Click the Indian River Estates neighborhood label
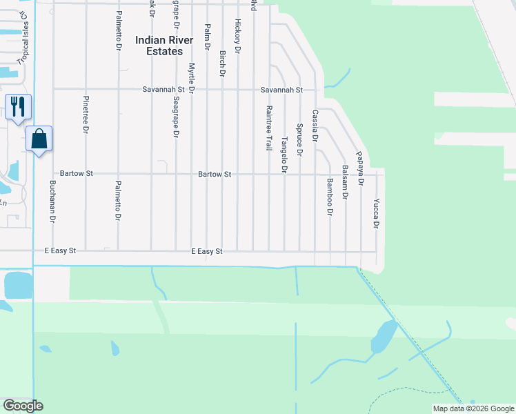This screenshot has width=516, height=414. (x=159, y=46)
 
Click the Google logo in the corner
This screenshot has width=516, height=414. (x=23, y=406)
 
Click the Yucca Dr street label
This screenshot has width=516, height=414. (x=376, y=214)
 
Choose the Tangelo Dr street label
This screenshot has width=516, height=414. (x=284, y=155)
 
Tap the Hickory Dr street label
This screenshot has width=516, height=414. (x=237, y=37)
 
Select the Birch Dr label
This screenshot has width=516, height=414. (x=222, y=63)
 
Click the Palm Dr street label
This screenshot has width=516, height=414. (x=206, y=37)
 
